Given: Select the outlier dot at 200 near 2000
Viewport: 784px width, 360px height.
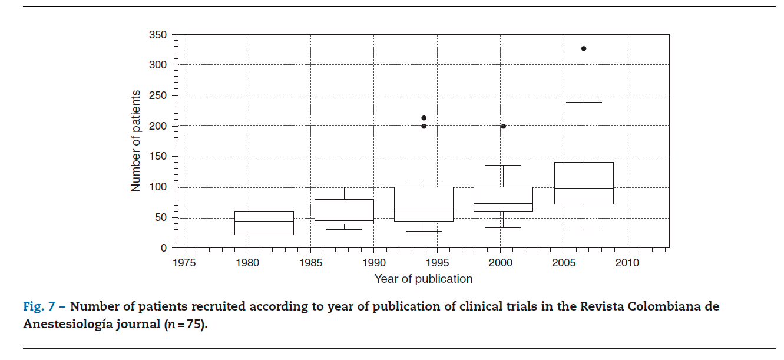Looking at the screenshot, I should point(504,126).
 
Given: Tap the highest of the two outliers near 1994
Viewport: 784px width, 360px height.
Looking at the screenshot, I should point(424,118).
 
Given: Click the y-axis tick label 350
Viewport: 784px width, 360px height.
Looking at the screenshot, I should point(158,35).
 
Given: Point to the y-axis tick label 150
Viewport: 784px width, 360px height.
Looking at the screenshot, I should point(158,157).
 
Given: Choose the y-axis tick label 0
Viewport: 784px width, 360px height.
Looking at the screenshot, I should point(164,248).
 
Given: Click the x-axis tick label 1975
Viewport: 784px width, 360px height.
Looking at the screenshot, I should point(184,263).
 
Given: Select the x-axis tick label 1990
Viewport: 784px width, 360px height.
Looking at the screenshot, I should point(373,263).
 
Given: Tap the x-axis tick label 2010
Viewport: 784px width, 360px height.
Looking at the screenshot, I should point(627,263).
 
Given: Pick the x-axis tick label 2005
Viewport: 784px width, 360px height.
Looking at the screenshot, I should point(564,263).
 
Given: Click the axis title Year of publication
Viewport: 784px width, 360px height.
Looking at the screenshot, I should point(424,279).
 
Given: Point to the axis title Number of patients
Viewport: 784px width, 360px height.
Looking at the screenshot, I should point(136,141).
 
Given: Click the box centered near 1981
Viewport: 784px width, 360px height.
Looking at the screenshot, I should point(264,223).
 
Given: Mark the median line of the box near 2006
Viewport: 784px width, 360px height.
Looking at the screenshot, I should point(584,188).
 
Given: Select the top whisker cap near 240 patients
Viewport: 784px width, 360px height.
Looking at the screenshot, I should point(584,102).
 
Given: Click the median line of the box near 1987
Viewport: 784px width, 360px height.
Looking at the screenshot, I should point(344,221).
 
